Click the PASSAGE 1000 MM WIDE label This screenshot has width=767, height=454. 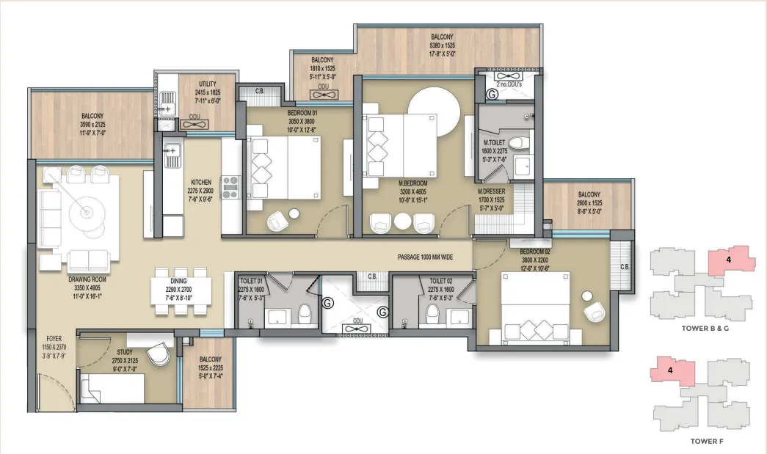point(424,257)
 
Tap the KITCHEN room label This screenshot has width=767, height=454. point(201,183)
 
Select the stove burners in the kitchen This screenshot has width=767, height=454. point(230,187)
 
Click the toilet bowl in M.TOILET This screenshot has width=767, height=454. point(519,143)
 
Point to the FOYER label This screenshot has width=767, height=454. point(54,338)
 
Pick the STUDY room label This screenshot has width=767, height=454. point(125,352)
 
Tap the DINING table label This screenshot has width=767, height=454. point(178,281)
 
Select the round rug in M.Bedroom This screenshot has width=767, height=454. point(434,112)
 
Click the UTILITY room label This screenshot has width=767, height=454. point(208,84)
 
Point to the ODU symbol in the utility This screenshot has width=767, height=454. point(195,124)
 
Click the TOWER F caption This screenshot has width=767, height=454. point(707,442)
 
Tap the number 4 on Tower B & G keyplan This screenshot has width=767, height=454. point(728,260)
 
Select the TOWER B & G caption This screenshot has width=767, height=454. point(705,329)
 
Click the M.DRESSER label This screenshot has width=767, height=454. point(491,191)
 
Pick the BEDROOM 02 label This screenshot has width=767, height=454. point(534,252)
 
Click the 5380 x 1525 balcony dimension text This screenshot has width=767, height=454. point(442,45)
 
